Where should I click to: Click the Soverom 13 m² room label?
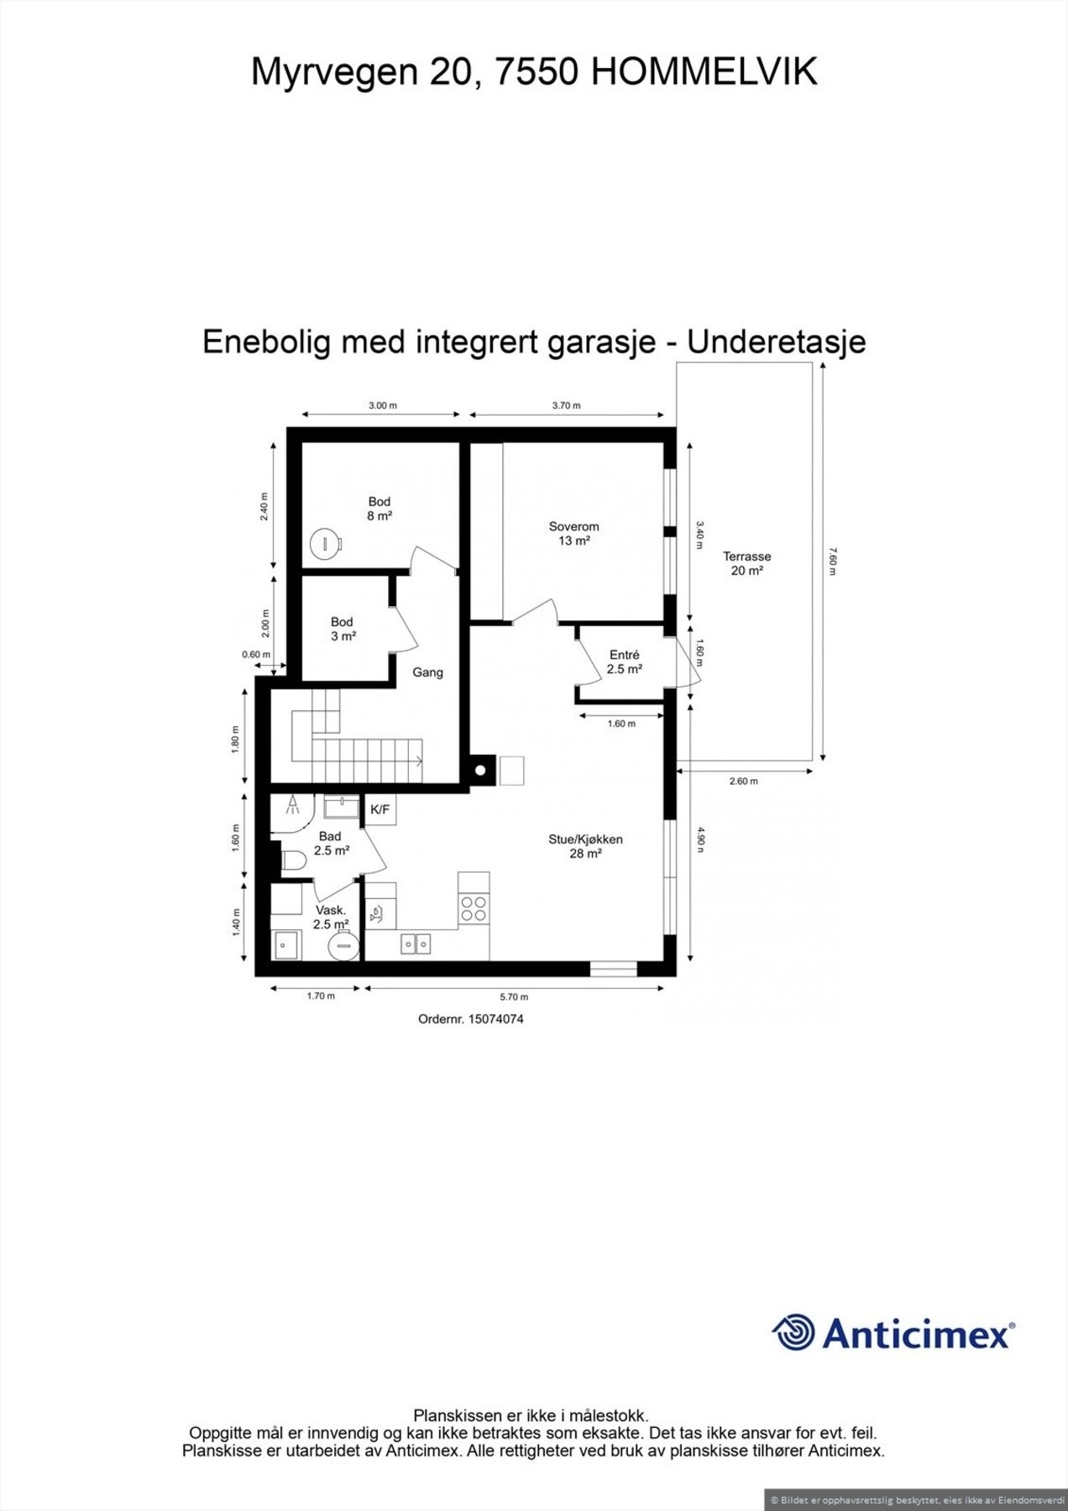click(x=573, y=534)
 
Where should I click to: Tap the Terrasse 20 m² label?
click(x=746, y=563)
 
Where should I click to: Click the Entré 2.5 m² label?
click(x=624, y=662)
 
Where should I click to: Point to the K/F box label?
click(x=380, y=810)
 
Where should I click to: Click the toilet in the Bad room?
click(x=292, y=860)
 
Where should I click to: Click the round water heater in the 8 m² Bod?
click(x=322, y=543)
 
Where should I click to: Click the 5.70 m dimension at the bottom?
click(x=514, y=997)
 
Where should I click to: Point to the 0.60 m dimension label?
click(x=256, y=655)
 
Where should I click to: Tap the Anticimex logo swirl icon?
click(x=793, y=1332)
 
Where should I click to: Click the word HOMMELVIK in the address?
click(x=704, y=73)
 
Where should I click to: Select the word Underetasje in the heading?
click(x=777, y=342)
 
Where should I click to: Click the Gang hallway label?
click(x=427, y=672)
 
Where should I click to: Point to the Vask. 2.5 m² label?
click(x=331, y=918)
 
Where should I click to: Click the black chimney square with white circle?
click(x=481, y=770)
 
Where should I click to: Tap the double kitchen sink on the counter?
click(x=416, y=944)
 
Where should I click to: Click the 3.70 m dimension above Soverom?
click(x=566, y=405)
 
